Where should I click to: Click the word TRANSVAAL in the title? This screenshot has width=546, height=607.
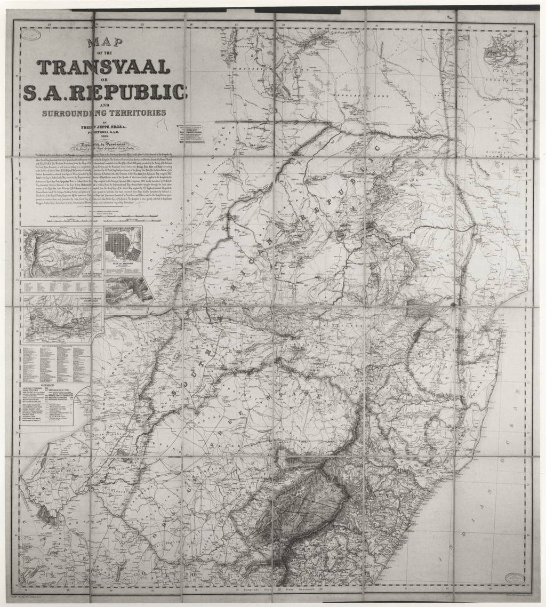pyautogui.click(x=104, y=67)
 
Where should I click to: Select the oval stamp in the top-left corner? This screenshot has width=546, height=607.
pyautogui.click(x=32, y=35)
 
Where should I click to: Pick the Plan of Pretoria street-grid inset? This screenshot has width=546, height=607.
pyautogui.click(x=123, y=250)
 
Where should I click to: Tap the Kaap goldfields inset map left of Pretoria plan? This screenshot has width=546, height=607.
pyautogui.click(x=62, y=253)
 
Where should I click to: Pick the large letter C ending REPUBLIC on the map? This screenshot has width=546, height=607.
pyautogui.click(x=375, y=147)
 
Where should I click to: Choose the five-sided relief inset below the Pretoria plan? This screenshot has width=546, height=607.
pyautogui.click(x=128, y=291)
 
